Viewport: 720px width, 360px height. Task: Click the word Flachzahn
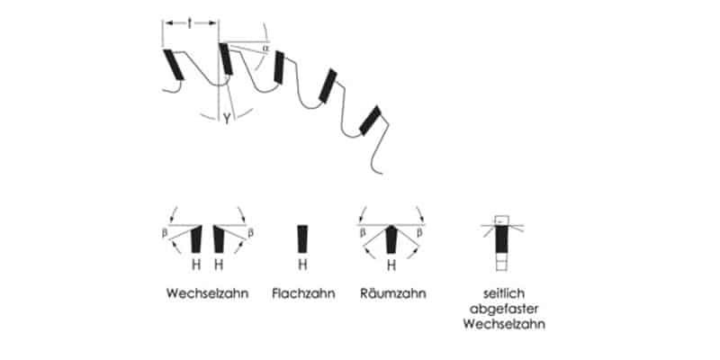(303, 293)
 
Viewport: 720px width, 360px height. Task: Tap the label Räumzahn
(391, 293)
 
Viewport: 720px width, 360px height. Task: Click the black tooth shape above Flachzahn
(303, 238)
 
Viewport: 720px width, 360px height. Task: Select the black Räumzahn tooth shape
(391, 239)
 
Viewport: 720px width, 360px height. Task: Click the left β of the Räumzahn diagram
(360, 231)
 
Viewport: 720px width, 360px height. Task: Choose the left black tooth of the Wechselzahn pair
(196, 239)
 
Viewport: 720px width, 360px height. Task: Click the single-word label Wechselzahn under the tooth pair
(206, 293)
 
